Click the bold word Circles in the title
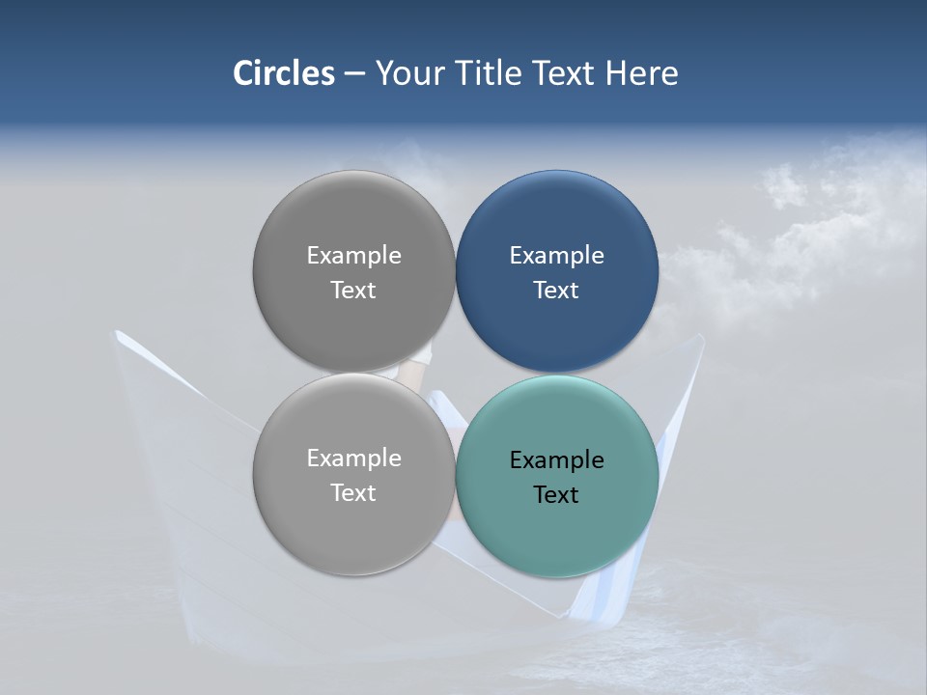coord(284,73)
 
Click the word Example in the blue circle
coord(556,255)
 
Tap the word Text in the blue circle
coord(556,290)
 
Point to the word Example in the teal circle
coord(556,459)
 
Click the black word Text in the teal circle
coord(556,494)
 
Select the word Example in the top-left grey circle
coord(353,255)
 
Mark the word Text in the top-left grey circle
coord(353,290)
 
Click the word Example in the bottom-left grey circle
coord(353,458)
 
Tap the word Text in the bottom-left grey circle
coord(353,492)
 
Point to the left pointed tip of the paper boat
coord(118,334)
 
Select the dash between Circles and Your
coord(354,74)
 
